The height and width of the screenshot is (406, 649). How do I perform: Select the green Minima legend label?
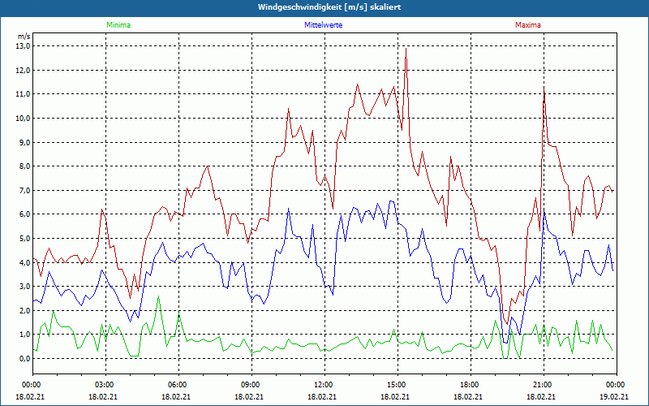(x=118, y=25)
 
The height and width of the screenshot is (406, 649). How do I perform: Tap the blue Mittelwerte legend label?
(x=323, y=25)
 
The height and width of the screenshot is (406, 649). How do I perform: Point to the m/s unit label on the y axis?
(x=24, y=37)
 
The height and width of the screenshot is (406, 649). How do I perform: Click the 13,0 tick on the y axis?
(x=23, y=46)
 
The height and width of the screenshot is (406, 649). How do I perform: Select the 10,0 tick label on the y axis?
(x=23, y=119)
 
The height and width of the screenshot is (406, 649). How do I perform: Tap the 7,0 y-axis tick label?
(x=23, y=191)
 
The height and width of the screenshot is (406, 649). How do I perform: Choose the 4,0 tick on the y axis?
(x=23, y=262)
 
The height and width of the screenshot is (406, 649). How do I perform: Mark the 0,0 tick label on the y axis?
(x=23, y=359)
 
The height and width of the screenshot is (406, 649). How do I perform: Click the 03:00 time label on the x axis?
(x=105, y=385)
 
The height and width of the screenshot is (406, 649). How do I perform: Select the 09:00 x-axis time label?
(x=251, y=385)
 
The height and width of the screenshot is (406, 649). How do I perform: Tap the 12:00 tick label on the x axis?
(x=324, y=385)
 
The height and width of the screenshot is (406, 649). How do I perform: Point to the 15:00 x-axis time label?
(x=397, y=385)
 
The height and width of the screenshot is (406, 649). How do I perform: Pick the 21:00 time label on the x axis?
(x=543, y=385)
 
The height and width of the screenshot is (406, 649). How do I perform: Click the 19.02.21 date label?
(x=615, y=396)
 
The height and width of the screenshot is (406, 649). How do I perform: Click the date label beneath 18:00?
(x=470, y=396)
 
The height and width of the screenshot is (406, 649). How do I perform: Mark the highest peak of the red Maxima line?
(x=406, y=49)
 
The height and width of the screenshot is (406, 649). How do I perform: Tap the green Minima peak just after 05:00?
(x=159, y=298)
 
